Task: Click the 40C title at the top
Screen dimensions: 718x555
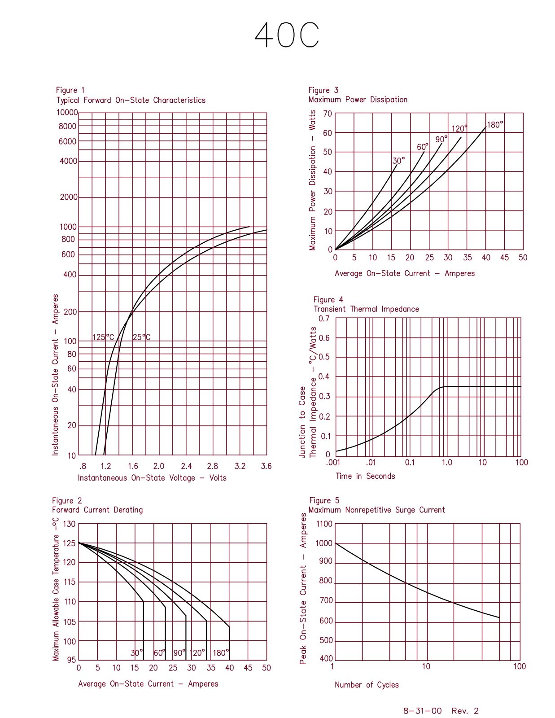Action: [x=287, y=35]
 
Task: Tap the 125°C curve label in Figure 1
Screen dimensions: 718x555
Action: [x=103, y=337]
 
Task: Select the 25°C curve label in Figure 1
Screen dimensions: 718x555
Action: [x=142, y=337]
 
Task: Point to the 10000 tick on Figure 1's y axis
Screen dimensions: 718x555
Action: [x=67, y=112]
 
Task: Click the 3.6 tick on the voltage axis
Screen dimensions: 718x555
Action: [x=266, y=466]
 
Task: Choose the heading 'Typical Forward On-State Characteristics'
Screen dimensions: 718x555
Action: [x=131, y=100]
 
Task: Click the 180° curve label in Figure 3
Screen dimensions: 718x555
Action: [x=495, y=125]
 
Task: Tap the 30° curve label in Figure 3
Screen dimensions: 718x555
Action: [x=398, y=161]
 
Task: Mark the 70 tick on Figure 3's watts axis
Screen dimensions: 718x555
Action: [x=328, y=114]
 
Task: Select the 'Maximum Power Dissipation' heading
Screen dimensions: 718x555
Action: [x=358, y=100]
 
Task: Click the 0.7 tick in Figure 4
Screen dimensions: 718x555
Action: [x=324, y=319]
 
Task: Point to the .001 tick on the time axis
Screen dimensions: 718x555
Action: [x=333, y=462]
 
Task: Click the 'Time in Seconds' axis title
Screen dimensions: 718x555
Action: [x=365, y=476]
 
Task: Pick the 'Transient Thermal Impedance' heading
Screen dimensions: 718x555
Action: [x=366, y=309]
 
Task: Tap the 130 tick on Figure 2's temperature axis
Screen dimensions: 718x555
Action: [x=69, y=524]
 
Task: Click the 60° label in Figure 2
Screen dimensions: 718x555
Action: [x=159, y=653]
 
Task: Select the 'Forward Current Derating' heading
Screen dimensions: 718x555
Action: [x=97, y=510]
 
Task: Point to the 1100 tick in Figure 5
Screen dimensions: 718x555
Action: [x=324, y=524]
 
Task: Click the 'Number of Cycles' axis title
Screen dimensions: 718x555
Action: [x=367, y=685]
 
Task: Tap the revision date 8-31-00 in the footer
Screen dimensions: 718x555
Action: [x=423, y=711]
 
